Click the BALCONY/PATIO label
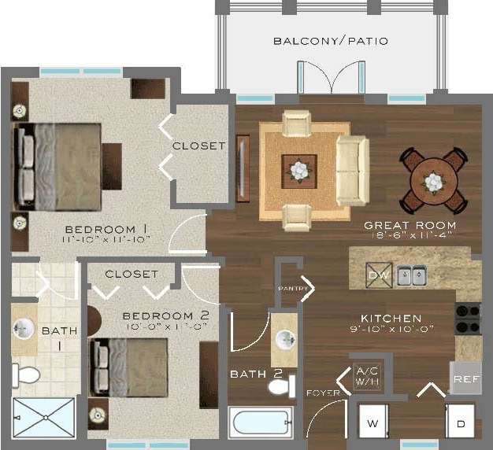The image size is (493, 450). click(330, 40)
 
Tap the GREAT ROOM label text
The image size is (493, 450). click(410, 225)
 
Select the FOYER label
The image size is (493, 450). click(323, 390)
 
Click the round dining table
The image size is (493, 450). click(432, 183)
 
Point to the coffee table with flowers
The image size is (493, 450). click(299, 170)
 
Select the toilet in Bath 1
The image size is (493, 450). click(27, 374)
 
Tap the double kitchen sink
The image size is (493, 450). click(411, 275)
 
